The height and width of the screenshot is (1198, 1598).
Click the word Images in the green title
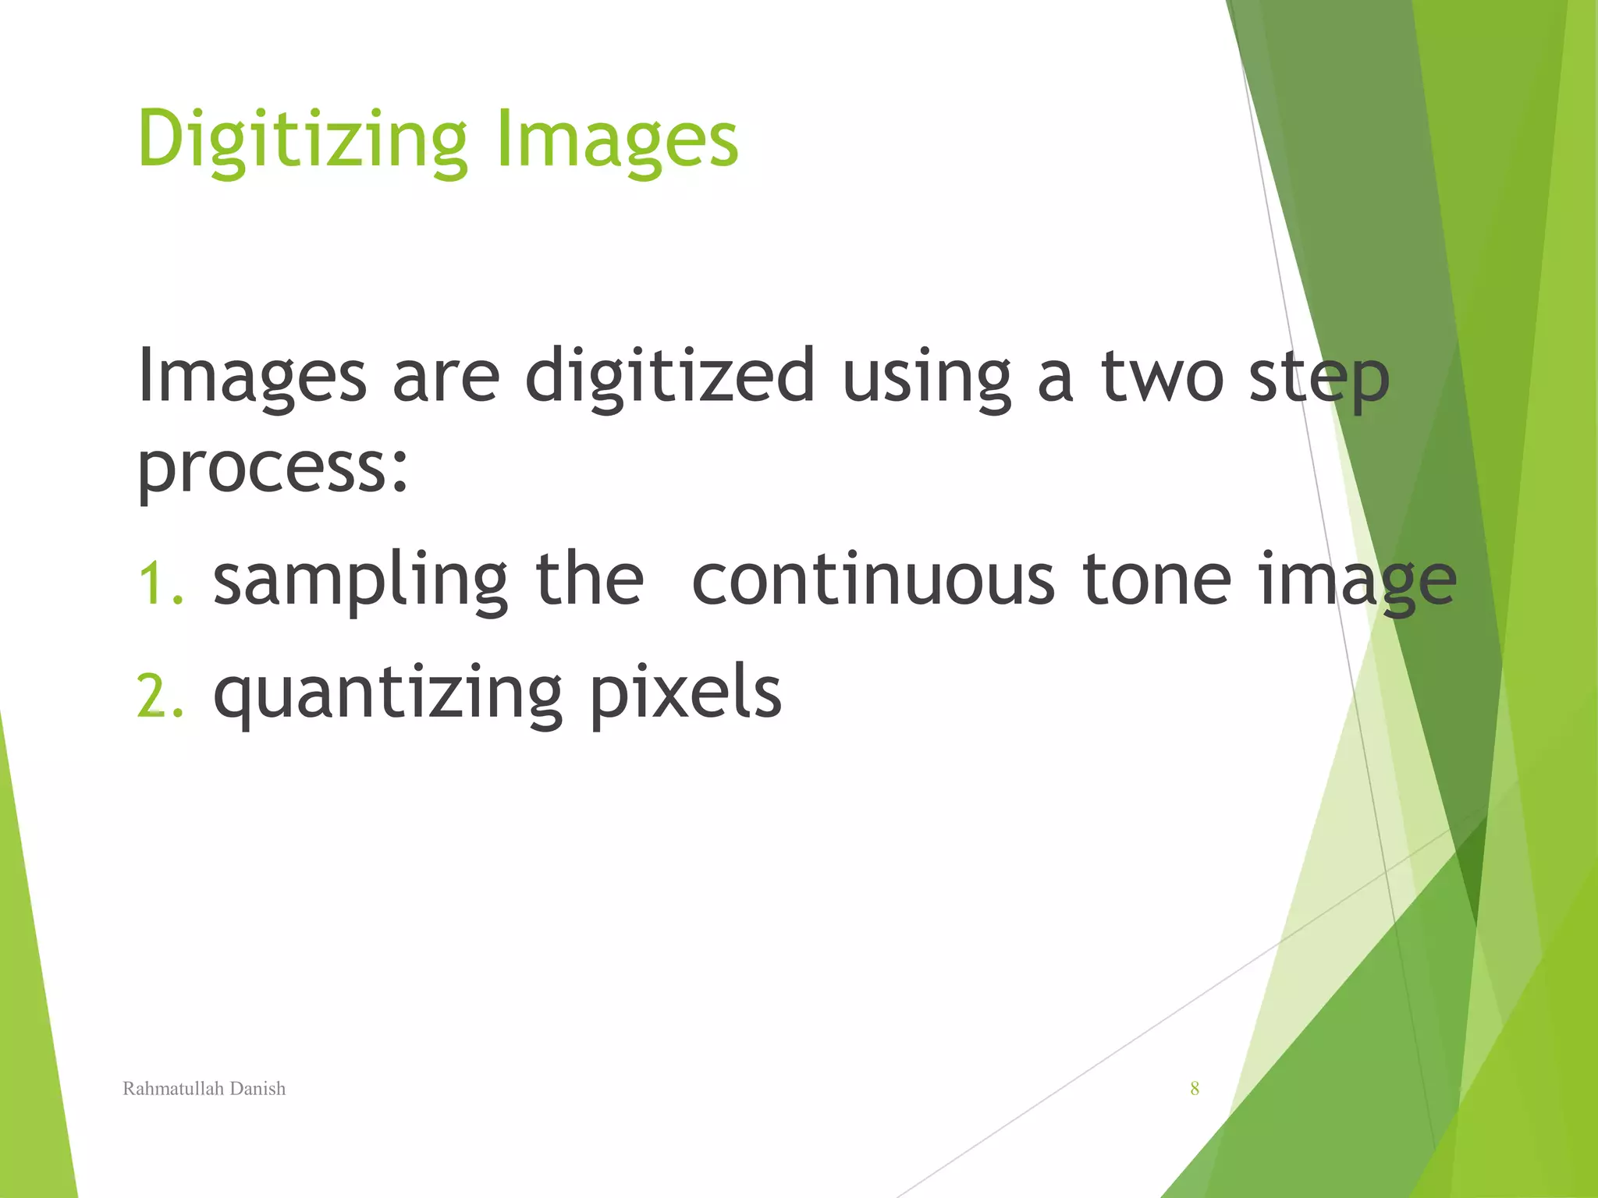coord(616,140)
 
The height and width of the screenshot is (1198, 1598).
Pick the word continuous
coord(873,581)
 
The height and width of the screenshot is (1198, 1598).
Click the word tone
coord(1156,581)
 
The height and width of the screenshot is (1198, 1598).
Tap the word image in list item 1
coord(1357,581)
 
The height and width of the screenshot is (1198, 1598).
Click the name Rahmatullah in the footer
coord(173,1089)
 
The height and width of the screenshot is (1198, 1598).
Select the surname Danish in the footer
coord(257,1089)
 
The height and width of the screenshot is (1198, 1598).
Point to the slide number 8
coord(1195,1089)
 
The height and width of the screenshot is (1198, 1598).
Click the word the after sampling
coord(589,581)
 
